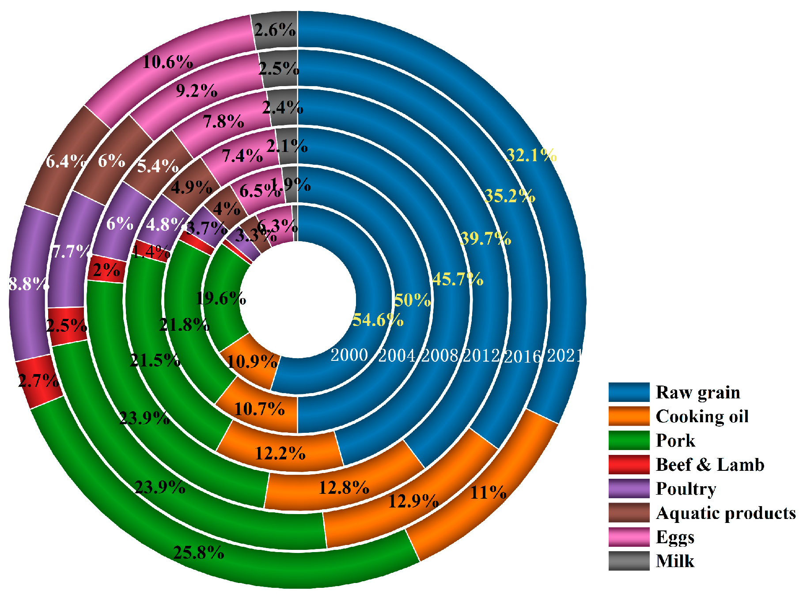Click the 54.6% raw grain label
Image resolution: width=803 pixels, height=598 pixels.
click(x=378, y=319)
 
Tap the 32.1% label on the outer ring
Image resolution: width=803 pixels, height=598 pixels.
click(x=531, y=155)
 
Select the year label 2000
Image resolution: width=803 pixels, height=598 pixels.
click(x=349, y=355)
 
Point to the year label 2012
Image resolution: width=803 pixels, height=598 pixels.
click(x=481, y=356)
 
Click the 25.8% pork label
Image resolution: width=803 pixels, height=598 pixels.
click(x=198, y=552)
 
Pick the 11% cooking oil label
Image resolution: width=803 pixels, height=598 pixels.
click(x=488, y=492)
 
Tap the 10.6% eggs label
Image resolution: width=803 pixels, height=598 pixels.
click(x=167, y=62)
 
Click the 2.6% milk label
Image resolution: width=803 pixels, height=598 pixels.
click(x=275, y=30)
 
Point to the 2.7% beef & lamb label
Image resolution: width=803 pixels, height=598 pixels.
click(x=38, y=380)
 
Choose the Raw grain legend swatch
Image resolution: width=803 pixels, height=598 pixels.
click(x=629, y=392)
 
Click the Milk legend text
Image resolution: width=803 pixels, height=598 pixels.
click(x=675, y=561)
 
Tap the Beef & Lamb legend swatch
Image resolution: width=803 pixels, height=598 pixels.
click(x=629, y=464)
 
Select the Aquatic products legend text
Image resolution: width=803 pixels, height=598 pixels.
click(x=726, y=513)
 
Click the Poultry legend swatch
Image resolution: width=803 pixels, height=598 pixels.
click(x=629, y=488)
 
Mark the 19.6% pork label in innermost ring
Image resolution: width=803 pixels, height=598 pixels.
click(x=220, y=299)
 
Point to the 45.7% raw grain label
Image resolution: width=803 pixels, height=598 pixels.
click(x=458, y=279)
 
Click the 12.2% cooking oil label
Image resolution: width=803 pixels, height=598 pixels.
click(x=280, y=453)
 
